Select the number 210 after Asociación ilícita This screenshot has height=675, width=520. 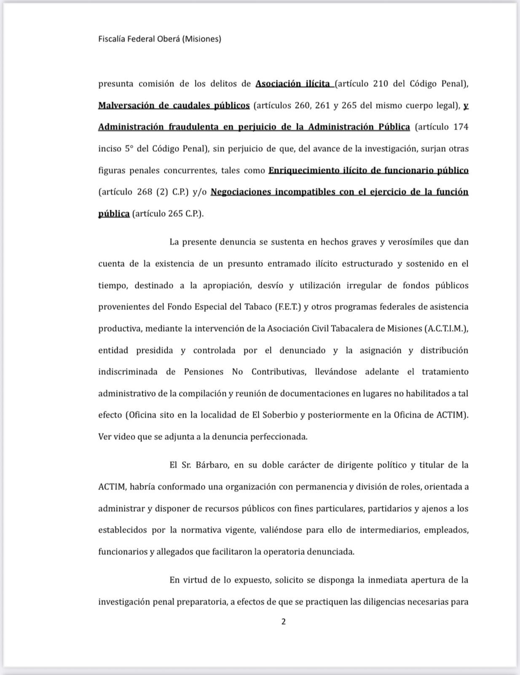381,84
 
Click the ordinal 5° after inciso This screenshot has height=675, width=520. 129,148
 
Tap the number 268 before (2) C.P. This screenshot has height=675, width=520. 144,192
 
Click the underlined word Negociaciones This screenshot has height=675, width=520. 240,192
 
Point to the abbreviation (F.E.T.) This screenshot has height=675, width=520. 288,307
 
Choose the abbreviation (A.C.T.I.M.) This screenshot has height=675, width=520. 445,329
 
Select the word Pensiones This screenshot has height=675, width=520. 204,372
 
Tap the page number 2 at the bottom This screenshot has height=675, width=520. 283,621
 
